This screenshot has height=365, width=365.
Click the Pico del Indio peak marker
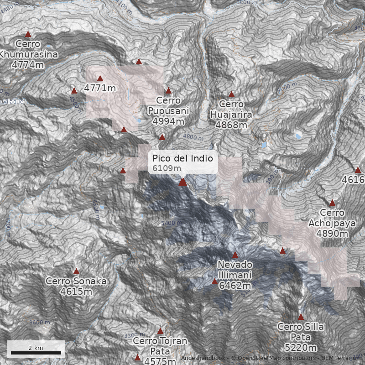point(183,182)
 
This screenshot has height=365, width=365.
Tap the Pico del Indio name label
point(182,158)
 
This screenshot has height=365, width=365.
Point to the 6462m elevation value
point(235,286)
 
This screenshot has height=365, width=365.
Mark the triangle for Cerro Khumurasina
point(28,34)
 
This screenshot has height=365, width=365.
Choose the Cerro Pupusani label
point(168,105)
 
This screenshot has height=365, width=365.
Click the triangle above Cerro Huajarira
point(231,94)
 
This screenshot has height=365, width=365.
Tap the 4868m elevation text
point(231,125)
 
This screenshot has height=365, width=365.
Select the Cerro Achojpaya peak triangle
point(332,203)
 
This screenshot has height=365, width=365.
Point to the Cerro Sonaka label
point(76,281)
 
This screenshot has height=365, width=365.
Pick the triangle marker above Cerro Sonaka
point(76,271)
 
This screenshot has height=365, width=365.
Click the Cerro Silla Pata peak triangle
point(301,317)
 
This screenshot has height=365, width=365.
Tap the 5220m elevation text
point(301,348)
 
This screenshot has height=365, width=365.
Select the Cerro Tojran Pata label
point(160,346)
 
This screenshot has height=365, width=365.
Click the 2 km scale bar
point(36,353)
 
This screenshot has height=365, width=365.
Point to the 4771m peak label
point(100,88)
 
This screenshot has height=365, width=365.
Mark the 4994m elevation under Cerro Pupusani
point(168,121)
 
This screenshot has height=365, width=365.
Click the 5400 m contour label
point(172,223)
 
